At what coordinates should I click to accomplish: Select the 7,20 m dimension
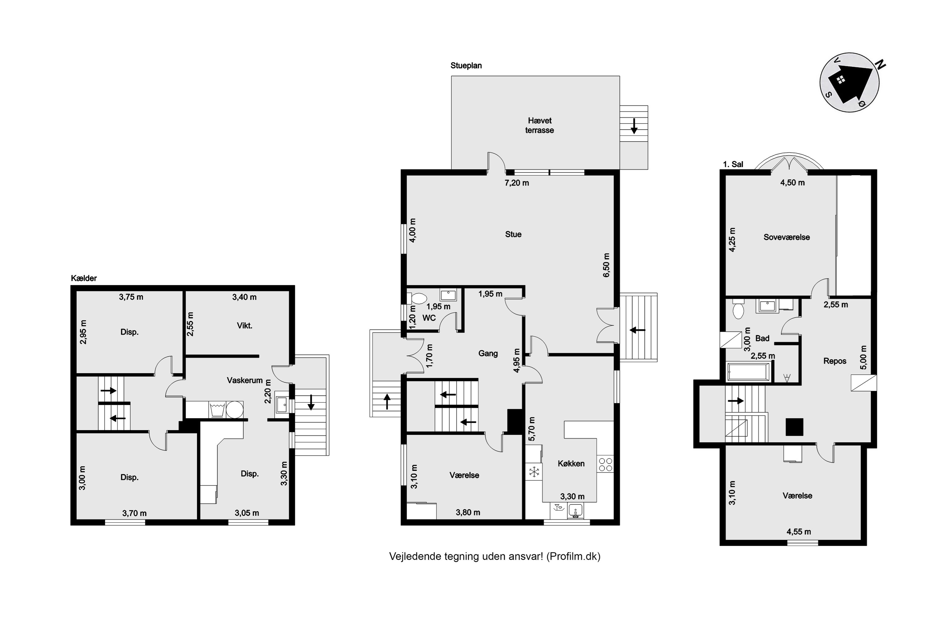pos(517,183)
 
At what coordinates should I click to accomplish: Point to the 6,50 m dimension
pos(606,265)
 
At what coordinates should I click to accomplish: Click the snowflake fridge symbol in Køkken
pos(534,472)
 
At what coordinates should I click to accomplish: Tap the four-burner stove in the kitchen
pos(605,464)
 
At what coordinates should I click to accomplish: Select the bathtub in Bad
pos(748,371)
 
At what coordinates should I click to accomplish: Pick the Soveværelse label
pos(786,237)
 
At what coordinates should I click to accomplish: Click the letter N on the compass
pos(881,65)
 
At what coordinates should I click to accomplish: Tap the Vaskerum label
pos(245,380)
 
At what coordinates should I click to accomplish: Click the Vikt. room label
pos(245,326)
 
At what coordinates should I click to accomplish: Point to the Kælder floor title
pos(84,278)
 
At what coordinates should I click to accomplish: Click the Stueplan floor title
pos(466,65)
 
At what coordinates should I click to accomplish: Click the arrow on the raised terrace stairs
pos(634,126)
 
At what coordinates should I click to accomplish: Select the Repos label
pos(835,361)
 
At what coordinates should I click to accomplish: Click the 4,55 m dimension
pos(799,532)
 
